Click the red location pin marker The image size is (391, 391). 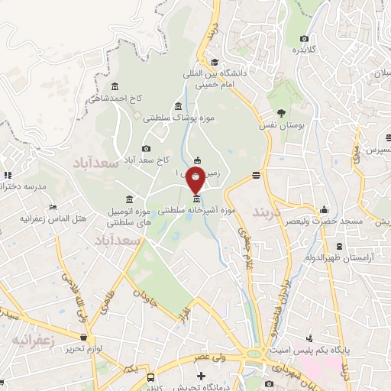(x=195, y=180)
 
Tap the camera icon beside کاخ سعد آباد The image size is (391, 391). (x=147, y=148)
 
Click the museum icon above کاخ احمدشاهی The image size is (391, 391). (x=115, y=86)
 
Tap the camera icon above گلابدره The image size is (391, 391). (x=305, y=38)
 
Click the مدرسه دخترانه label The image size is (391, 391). (x=24, y=186)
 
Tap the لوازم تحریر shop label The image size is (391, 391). (x=85, y=347)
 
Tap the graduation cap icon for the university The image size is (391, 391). (x=215, y=63)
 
